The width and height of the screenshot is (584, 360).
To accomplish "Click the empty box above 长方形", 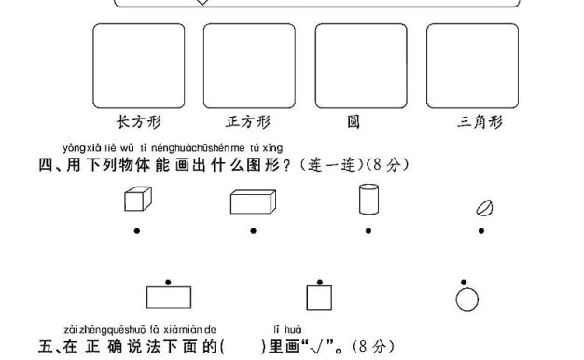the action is [x=139, y=64].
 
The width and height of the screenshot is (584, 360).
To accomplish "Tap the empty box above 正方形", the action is [x=249, y=64].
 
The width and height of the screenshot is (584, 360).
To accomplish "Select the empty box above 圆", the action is [x=361, y=64].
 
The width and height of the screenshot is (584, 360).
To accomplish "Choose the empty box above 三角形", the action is [x=472, y=64].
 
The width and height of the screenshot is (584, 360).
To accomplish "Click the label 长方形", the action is [x=138, y=122].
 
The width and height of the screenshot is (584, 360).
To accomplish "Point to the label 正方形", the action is [x=248, y=122].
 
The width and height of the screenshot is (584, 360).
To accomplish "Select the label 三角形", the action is [x=480, y=122].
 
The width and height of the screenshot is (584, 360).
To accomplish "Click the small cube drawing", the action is [x=136, y=200].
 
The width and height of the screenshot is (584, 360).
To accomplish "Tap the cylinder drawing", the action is [x=368, y=200].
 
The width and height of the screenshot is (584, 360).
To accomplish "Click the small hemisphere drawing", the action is [x=485, y=207].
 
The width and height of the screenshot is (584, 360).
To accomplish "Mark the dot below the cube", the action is [x=137, y=230].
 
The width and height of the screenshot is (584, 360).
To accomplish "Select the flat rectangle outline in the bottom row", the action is [x=169, y=298].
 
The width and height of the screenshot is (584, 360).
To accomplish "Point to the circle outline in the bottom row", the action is [x=466, y=298].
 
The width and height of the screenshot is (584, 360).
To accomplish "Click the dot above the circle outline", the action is [x=466, y=280].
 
